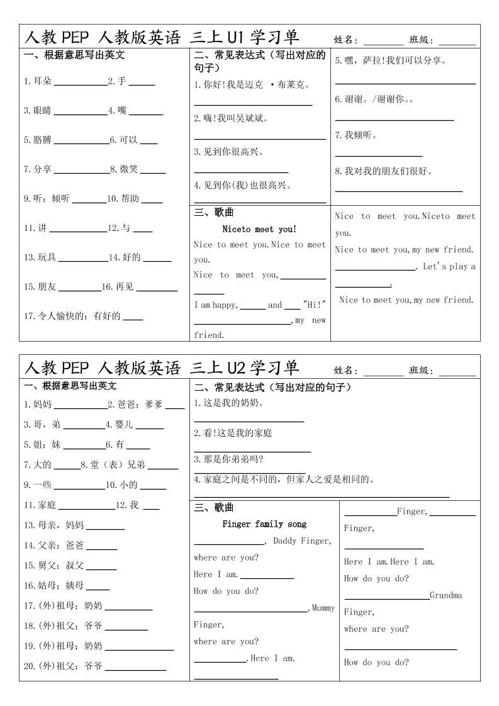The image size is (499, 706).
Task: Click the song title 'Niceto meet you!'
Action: (259, 229)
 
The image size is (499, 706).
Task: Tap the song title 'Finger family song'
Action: (264, 524)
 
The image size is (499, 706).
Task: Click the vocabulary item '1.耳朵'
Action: (38, 81)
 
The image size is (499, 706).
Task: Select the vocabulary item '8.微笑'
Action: (124, 169)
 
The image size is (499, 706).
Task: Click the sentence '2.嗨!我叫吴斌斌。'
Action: (231, 118)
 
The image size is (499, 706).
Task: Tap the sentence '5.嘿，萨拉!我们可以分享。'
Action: (390, 61)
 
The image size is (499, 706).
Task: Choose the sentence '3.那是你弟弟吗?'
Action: (228, 459)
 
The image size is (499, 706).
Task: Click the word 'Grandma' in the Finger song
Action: (446, 595)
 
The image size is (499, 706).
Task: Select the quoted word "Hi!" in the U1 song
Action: (314, 305)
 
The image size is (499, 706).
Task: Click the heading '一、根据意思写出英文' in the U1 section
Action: (74, 55)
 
